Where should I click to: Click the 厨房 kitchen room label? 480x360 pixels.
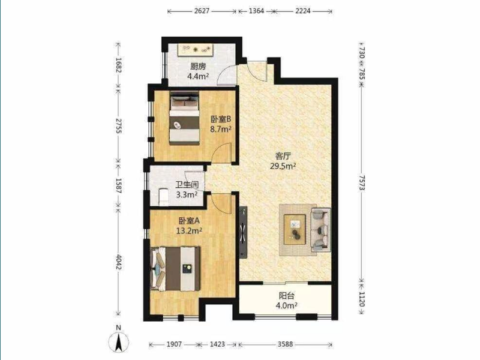(198, 66)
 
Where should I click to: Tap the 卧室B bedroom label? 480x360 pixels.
(220, 119)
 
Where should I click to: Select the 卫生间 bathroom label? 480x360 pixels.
(187, 185)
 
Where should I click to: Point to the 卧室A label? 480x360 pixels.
(189, 220)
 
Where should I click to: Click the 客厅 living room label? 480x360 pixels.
(283, 156)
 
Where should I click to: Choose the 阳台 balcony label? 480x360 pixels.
(287, 296)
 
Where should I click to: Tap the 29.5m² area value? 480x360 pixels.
(283, 166)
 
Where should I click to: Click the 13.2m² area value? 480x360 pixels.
(189, 230)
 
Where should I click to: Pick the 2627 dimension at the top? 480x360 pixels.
(202, 11)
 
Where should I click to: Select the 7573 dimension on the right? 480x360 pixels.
(362, 183)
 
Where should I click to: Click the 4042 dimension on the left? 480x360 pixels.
(118, 262)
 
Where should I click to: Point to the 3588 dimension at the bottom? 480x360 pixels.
(286, 344)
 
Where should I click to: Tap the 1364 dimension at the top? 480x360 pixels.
(256, 11)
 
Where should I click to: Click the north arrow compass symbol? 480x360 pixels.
(118, 341)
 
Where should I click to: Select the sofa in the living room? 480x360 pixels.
(321, 230)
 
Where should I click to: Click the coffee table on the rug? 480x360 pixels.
(295, 230)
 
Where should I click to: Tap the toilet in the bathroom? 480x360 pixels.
(163, 197)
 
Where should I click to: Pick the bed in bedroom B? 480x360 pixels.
(184, 118)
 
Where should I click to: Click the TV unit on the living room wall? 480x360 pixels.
(243, 232)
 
